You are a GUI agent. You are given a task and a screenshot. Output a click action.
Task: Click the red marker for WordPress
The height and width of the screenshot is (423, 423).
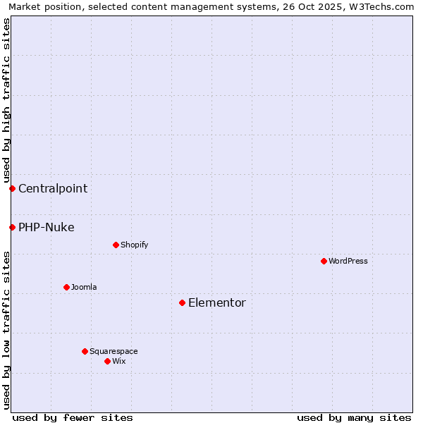pos(324,261)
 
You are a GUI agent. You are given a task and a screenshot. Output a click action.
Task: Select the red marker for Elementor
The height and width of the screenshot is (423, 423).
pos(182,302)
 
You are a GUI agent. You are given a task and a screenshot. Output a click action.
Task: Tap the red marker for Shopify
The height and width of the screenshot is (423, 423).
pos(116,245)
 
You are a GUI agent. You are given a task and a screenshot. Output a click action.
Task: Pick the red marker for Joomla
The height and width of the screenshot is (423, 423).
pos(66,287)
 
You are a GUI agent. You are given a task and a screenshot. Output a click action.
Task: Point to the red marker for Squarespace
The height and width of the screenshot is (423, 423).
pos(85,351)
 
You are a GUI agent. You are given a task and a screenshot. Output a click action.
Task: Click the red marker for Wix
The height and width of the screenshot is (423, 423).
pos(107,361)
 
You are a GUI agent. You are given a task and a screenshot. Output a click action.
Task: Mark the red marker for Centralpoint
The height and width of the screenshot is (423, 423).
pos(12,188)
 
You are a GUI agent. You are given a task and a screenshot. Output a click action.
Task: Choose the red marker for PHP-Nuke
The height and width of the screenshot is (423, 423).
pos(12,227)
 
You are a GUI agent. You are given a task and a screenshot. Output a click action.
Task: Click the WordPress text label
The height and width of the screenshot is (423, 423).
pos(348,261)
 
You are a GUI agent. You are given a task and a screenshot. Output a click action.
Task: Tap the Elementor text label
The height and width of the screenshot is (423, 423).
pos(217,302)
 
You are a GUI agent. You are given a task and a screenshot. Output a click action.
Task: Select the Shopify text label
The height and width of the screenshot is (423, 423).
pos(135,245)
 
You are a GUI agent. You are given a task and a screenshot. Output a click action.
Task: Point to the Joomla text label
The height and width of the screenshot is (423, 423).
pos(84,287)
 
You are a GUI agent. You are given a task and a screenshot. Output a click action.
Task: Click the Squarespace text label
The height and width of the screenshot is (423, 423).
pos(114,351)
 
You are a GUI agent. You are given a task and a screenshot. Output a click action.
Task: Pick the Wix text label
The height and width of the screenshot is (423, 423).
pos(119,361)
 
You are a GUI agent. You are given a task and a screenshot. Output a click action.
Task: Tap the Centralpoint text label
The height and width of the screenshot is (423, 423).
pos(53,188)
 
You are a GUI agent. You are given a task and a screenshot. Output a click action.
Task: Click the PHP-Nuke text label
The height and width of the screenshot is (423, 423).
pos(47,227)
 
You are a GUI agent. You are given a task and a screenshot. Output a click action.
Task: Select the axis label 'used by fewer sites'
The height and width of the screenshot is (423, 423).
pos(73,417)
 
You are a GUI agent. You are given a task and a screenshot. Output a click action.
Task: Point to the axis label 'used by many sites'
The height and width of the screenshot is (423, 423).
pos(354,417)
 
